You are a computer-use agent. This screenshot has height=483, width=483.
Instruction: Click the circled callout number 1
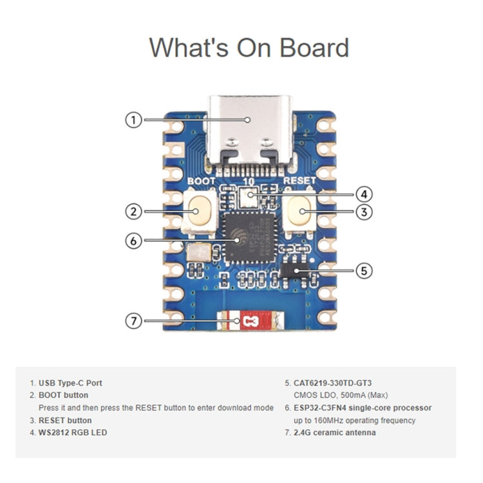pyautogui.click(x=133, y=120)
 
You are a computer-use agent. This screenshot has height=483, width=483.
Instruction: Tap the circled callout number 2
pyautogui.click(x=133, y=211)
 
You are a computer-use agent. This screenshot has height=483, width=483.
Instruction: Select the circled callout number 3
pyautogui.click(x=365, y=211)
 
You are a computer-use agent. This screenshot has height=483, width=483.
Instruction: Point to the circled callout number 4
pyautogui.click(x=365, y=193)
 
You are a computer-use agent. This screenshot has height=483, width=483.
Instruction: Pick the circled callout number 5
pyautogui.click(x=365, y=270)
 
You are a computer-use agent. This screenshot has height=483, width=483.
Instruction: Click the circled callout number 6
pyautogui.click(x=133, y=240)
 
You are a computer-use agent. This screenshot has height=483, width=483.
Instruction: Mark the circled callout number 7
pyautogui.click(x=133, y=320)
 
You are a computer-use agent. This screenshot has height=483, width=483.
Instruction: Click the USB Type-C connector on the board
pyautogui.click(x=249, y=132)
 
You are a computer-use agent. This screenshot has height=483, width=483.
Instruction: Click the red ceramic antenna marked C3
pyautogui.click(x=250, y=320)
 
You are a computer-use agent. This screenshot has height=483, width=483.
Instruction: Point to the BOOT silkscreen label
pyautogui.click(x=201, y=182)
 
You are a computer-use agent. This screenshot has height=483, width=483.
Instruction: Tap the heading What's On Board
pyautogui.click(x=249, y=48)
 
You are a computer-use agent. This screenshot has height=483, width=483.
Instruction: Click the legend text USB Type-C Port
pyautogui.click(x=70, y=383)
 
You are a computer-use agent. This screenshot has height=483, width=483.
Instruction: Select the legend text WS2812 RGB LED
pyautogui.click(x=73, y=433)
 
